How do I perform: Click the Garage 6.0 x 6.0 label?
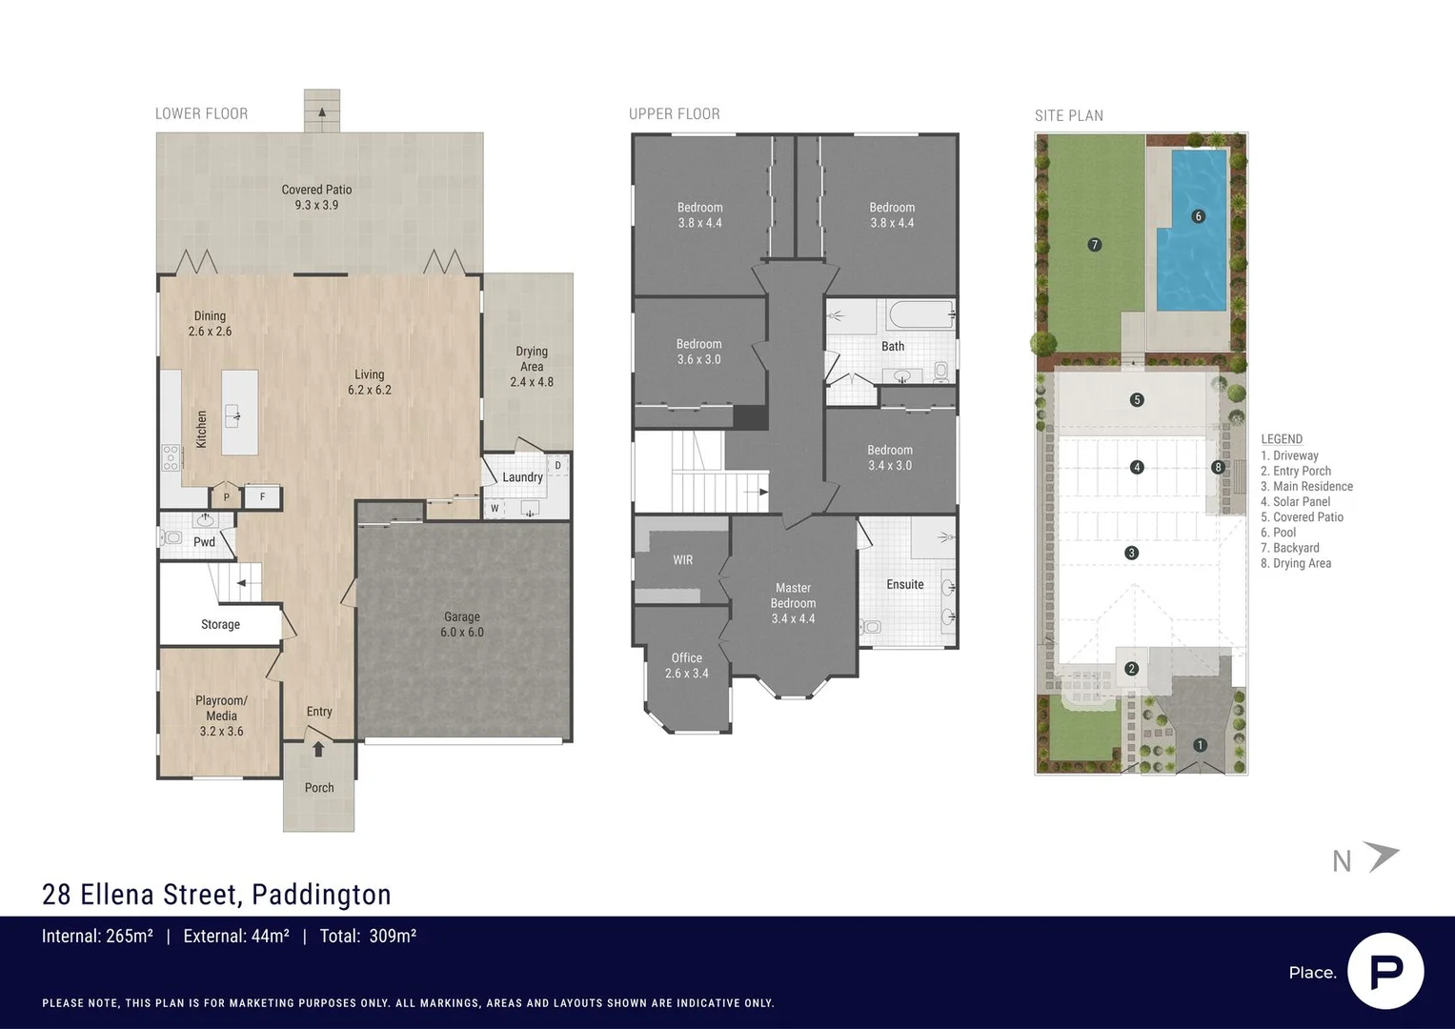462,624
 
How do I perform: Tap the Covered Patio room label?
316,197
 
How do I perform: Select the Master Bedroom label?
793,603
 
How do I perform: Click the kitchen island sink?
232,415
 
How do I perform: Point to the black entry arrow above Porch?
318,750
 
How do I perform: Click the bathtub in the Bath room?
919,314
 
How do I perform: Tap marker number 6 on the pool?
1198,216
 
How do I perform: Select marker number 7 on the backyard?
1094,245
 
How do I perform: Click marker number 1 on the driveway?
1200,745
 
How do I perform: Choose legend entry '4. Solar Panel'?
1295,502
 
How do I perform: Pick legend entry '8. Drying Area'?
1296,563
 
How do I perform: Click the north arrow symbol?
1381,856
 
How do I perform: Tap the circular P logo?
1385,971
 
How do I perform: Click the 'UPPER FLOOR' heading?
674,114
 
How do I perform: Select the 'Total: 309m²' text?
368,937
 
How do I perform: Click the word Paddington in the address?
321,895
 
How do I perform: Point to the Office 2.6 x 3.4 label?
686,665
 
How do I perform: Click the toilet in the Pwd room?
172,537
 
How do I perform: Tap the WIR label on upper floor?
682,560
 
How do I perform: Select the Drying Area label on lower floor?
531,366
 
